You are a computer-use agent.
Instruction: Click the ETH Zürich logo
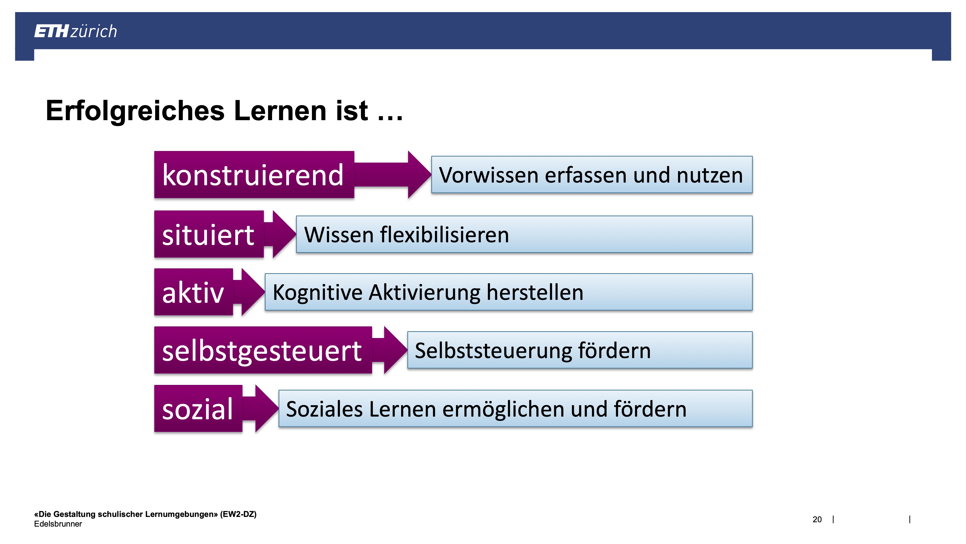coord(75,31)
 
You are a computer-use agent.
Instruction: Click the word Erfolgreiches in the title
coord(135,111)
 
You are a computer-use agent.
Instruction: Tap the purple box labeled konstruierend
coord(254,175)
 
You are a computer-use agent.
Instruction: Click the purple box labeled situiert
coord(209,234)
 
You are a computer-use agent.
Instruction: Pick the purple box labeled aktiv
coord(194,292)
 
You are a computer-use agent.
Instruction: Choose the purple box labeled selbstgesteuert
coord(263,350)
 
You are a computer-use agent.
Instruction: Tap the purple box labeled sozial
coord(198,409)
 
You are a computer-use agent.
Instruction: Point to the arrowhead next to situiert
coord(284,234)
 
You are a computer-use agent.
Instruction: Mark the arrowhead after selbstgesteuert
coord(396,350)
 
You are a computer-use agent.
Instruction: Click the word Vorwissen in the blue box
coord(489,175)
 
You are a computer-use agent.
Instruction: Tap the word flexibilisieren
coord(445,235)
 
